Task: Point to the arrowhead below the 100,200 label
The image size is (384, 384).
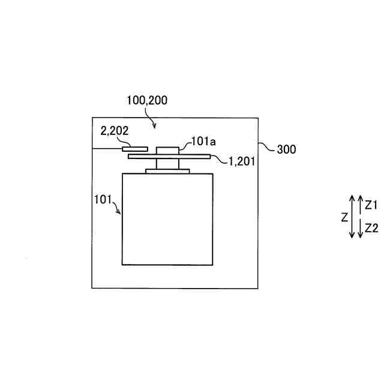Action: [156, 126]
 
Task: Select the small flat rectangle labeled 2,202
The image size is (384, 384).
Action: [134, 148]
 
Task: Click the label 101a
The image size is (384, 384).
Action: [203, 141]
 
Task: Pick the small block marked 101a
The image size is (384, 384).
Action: [167, 150]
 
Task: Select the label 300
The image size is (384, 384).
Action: [286, 150]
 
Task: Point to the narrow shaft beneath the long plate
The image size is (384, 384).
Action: [167, 164]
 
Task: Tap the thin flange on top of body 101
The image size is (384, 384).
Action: [167, 172]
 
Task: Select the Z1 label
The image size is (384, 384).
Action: [371, 205]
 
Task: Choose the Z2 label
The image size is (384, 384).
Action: [371, 228]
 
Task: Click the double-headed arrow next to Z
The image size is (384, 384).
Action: [353, 217]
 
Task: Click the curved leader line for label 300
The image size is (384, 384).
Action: [266, 146]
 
